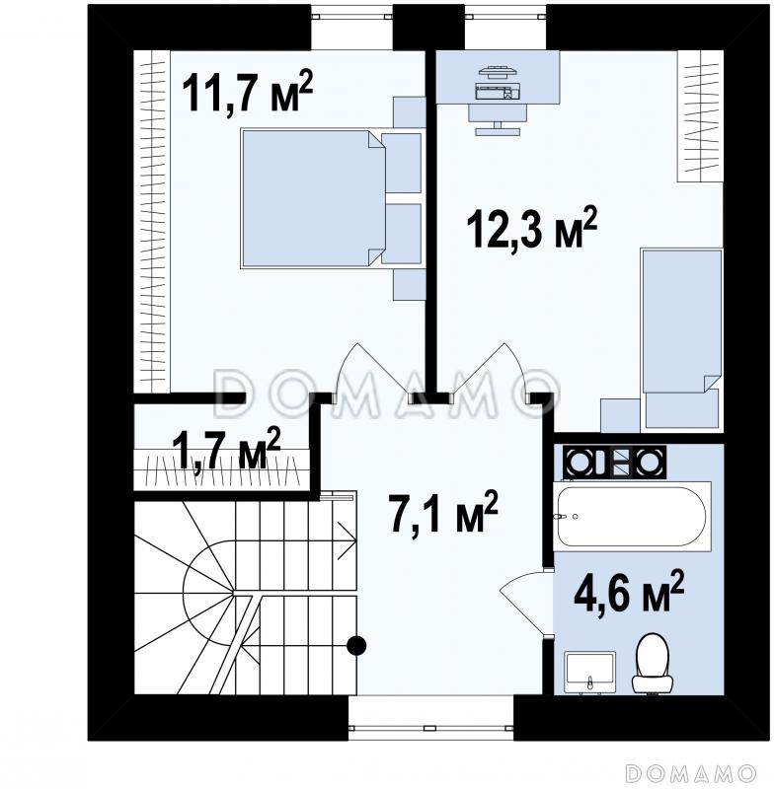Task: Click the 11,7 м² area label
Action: (x=247, y=91)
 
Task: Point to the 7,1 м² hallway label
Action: (x=443, y=512)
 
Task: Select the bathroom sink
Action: (x=589, y=672)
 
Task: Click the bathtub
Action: (x=632, y=517)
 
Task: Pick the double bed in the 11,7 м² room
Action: (x=313, y=198)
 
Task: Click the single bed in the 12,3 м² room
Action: (x=682, y=339)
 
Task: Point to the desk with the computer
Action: (x=498, y=77)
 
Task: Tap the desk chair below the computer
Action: (x=498, y=119)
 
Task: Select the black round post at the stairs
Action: (x=356, y=645)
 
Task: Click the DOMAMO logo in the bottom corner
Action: (x=690, y=772)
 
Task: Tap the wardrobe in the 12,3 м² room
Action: (x=701, y=115)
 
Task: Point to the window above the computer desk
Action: (x=505, y=28)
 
